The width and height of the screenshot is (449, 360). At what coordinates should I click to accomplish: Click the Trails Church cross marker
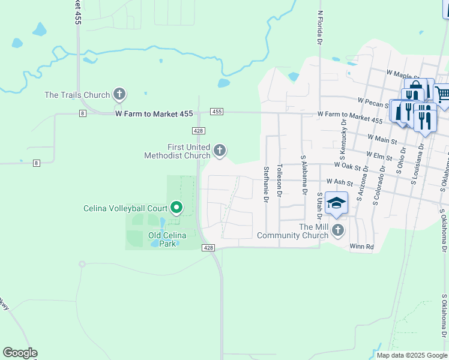119,94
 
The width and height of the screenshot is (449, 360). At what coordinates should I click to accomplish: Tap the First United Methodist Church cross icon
220,150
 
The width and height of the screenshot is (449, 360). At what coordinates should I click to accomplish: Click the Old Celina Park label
163,239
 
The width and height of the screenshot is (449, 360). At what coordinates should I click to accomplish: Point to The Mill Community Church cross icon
338,230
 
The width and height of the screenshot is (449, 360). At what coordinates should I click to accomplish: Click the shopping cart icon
442,94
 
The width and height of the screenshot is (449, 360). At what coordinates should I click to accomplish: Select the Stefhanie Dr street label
265,181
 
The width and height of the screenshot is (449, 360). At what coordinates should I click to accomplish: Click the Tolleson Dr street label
280,180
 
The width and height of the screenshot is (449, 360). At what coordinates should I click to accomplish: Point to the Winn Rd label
361,246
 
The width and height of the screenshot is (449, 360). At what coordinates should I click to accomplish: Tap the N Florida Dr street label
321,28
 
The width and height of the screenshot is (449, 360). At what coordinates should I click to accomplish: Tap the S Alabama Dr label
304,175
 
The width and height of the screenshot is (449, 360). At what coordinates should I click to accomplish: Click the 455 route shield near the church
217,112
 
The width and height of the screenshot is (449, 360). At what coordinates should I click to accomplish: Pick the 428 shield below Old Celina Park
208,248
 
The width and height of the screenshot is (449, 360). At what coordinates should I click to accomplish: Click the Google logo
20,353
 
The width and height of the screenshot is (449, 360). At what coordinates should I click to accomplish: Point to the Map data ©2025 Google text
411,355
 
